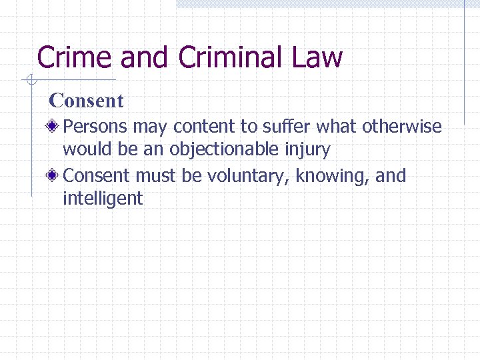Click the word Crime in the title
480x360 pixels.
pyautogui.click(x=75, y=57)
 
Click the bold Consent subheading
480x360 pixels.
pyautogui.click(x=87, y=101)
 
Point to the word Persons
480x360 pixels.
pyautogui.click(x=97, y=127)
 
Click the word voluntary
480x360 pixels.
pyautogui.click(x=247, y=177)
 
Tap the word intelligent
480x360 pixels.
pyautogui.click(x=102, y=198)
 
